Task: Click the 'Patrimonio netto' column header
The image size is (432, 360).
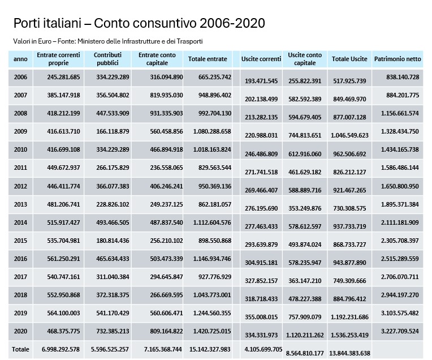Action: coord(398,59)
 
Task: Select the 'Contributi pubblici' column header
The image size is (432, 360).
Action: coord(108,59)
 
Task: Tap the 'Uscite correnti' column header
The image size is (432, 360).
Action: coord(261,59)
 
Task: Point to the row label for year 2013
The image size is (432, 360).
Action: coord(20,204)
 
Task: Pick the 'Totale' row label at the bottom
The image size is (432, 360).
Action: coord(20,349)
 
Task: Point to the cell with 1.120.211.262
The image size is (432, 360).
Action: coord(305,335)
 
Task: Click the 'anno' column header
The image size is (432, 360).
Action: coord(20,59)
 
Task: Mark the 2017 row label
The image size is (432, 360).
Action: coord(20,277)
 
